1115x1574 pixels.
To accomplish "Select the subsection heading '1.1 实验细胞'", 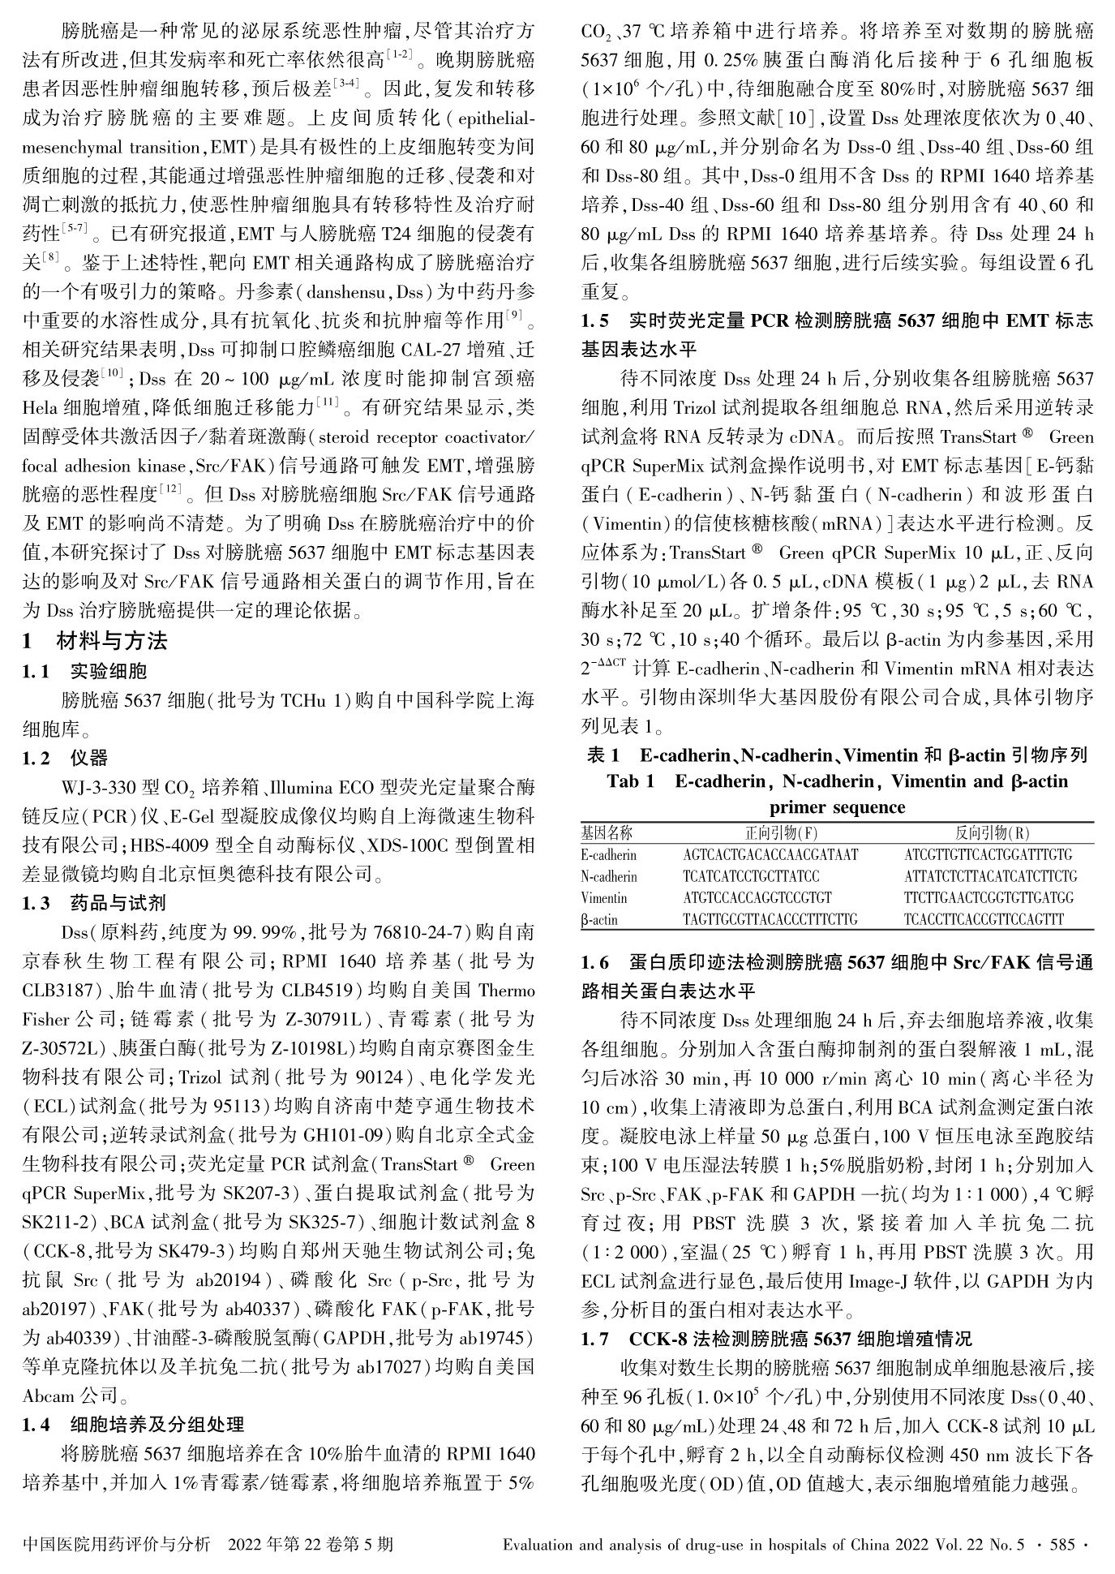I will [x=84, y=671].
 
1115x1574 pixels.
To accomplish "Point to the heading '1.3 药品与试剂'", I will [x=94, y=903].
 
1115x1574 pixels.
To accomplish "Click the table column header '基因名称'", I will [x=607, y=833].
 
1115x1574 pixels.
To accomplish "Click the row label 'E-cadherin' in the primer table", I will [x=609, y=855].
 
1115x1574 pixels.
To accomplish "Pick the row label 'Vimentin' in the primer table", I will [x=604, y=898].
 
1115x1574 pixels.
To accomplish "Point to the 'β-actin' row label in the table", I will [x=599, y=920].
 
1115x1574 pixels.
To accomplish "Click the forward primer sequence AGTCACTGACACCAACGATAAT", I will [x=770, y=855].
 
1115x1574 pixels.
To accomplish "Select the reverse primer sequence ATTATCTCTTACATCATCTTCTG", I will [x=990, y=877].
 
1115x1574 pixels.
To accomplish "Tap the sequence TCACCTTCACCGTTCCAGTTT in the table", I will [x=984, y=920].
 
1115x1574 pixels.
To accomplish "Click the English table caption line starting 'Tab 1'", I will [x=837, y=781].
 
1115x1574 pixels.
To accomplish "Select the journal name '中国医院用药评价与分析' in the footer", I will [x=117, y=1543].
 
